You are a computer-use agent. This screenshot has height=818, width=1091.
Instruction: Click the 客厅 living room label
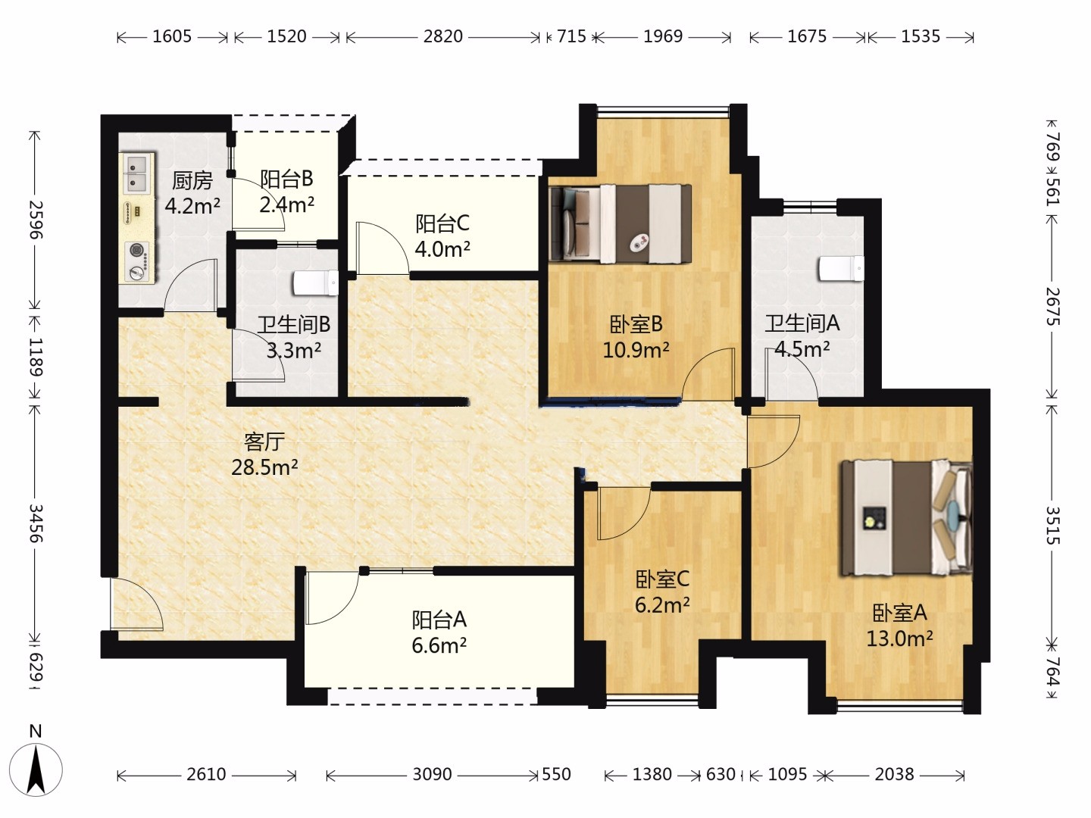click(264, 441)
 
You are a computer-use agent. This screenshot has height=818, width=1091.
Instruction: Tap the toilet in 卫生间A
click(842, 269)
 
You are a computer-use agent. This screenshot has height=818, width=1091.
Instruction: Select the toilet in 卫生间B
click(316, 283)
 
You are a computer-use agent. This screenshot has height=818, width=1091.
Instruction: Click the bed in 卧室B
click(621, 223)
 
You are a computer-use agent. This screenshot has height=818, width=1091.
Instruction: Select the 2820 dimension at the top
click(443, 36)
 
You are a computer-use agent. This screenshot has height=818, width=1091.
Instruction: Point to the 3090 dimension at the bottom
click(432, 774)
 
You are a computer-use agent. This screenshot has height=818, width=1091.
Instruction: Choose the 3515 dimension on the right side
click(1053, 526)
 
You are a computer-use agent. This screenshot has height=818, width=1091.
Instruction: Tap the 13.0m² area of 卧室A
click(899, 638)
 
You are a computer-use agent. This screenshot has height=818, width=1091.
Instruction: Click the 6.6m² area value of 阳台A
click(439, 645)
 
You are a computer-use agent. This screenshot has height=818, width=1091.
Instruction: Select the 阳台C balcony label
click(442, 223)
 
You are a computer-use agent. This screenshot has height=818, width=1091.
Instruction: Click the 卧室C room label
click(662, 579)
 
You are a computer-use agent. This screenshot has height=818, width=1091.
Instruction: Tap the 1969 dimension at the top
click(663, 36)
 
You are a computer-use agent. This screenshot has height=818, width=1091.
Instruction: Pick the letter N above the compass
click(36, 731)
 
